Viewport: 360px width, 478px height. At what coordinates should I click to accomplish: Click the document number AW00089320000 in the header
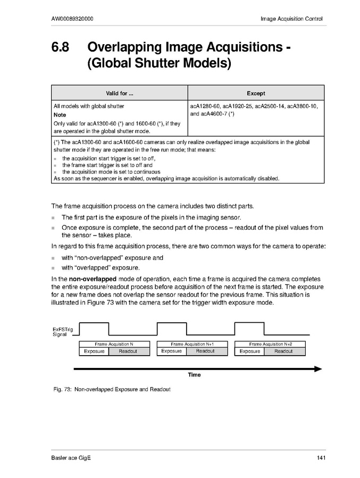[73, 19]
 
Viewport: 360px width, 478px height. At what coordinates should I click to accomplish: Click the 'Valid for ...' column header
[119, 94]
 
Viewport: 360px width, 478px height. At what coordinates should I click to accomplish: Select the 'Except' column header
[256, 94]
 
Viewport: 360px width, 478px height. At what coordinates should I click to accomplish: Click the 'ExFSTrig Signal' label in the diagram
[59, 332]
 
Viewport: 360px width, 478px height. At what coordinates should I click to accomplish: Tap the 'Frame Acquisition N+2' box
[270, 345]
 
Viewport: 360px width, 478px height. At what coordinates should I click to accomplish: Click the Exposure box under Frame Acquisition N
[94, 351]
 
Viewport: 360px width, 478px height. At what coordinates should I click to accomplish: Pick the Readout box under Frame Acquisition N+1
[205, 351]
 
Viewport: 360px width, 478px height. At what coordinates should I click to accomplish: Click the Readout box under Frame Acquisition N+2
[283, 351]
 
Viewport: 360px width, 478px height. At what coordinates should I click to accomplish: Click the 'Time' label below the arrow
[194, 375]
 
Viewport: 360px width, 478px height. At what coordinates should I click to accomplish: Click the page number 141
[320, 459]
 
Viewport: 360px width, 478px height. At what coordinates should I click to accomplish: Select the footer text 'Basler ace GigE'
[71, 459]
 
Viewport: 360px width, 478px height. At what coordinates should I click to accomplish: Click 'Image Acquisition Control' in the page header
[291, 19]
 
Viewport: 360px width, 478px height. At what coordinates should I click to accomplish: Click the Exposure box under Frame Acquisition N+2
[249, 351]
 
